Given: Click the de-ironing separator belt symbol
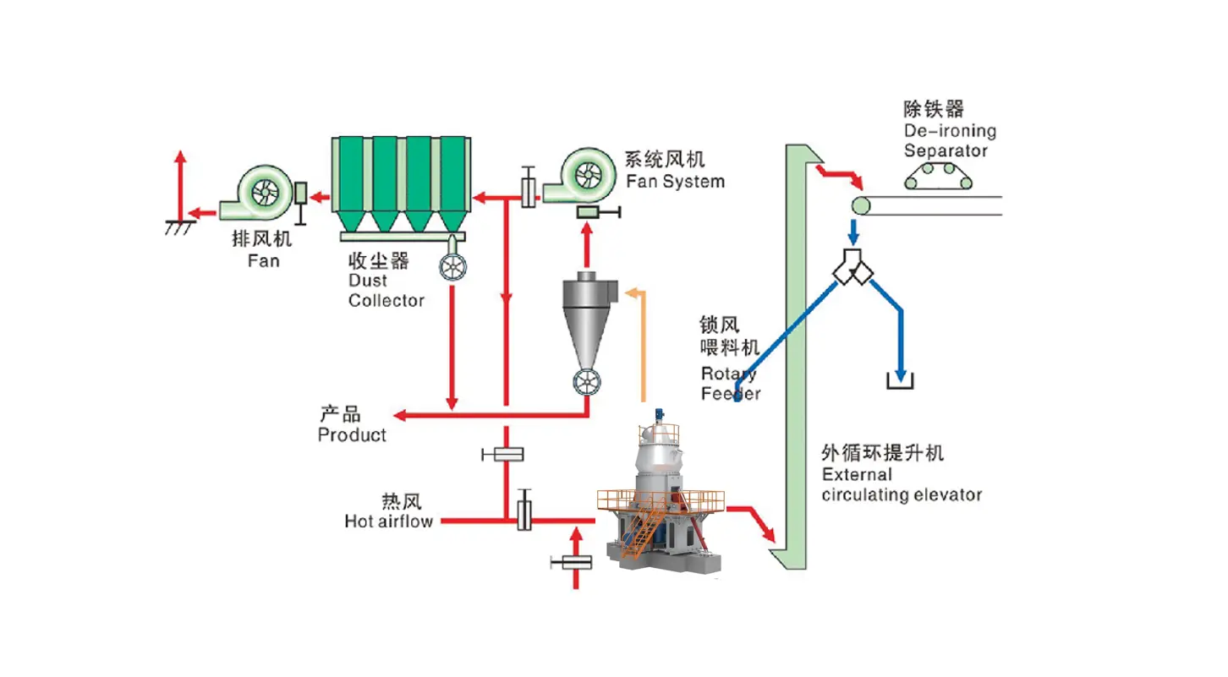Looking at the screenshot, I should pyautogui.click(x=938, y=177).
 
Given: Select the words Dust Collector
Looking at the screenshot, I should pyautogui.click(x=386, y=291).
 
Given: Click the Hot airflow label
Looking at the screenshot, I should pyautogui.click(x=388, y=521).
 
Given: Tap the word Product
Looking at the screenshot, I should pyautogui.click(x=352, y=435).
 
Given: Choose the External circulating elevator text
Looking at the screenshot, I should pyautogui.click(x=901, y=485).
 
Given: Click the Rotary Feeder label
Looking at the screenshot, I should pyautogui.click(x=730, y=383).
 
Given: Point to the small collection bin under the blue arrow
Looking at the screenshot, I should pyautogui.click(x=901, y=381).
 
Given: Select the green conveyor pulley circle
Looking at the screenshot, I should pyautogui.click(x=862, y=205).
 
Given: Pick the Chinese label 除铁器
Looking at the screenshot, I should pyautogui.click(x=934, y=110).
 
